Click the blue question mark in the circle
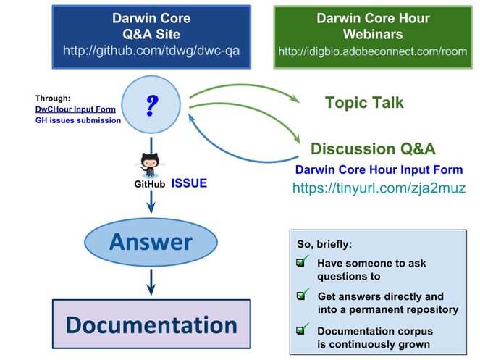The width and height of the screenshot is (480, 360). [x=152, y=106]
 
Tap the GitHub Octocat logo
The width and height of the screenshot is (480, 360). [x=150, y=165]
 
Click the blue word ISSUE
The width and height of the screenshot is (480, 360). [x=189, y=183]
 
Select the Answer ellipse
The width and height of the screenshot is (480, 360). [x=151, y=242]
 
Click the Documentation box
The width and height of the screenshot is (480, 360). [x=151, y=325]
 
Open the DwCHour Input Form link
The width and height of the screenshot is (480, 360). [x=75, y=109]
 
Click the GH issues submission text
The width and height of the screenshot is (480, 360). [x=78, y=120]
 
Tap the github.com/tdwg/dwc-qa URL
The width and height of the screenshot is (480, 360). [x=151, y=51]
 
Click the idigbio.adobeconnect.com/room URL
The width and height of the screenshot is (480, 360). [x=373, y=51]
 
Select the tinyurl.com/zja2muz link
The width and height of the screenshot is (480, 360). [x=379, y=188]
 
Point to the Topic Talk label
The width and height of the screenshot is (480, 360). [x=364, y=102]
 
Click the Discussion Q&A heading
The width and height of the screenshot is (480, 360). [x=373, y=148]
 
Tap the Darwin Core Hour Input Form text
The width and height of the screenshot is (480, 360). [x=379, y=169]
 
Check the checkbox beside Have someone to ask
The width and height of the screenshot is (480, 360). [x=300, y=262]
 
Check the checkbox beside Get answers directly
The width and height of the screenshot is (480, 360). [x=301, y=296]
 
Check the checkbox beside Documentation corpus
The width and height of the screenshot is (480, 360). [x=300, y=330]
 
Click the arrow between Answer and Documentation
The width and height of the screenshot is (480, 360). [x=151, y=282]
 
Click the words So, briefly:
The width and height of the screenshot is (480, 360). [x=324, y=244]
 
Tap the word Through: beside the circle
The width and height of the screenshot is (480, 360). [x=53, y=99]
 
